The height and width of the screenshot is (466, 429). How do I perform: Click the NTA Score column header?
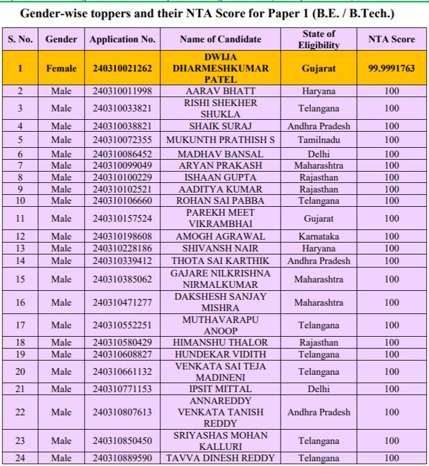pyautogui.click(x=391, y=39)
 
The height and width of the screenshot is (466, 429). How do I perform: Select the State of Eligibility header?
pyautogui.click(x=319, y=39)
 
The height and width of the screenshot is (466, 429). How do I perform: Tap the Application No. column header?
pyautogui.click(x=122, y=39)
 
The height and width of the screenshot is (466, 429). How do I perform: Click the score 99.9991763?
pyautogui.click(x=391, y=69)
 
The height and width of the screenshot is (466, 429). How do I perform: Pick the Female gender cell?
pyautogui.click(x=61, y=69)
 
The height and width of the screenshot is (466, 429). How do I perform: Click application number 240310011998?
pyautogui.click(x=122, y=91)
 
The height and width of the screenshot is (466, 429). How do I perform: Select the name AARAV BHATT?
pyautogui.click(x=220, y=91)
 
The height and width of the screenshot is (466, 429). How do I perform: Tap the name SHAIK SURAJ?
pyautogui.click(x=220, y=126)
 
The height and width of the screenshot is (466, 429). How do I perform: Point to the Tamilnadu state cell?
pyautogui.click(x=319, y=140)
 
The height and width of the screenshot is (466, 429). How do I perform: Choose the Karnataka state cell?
pyautogui.click(x=319, y=237)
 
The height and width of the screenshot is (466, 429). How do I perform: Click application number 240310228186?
pyautogui.click(x=122, y=248)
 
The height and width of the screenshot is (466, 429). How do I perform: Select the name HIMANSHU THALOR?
pyautogui.click(x=220, y=343)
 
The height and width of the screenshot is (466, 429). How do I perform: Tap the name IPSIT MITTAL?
pyautogui.click(x=220, y=389)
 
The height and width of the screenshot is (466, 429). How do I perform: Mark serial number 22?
pyautogui.click(x=20, y=412)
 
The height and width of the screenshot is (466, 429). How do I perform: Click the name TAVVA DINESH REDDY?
pyautogui.click(x=220, y=458)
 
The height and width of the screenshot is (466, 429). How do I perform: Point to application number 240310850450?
pyautogui.click(x=122, y=441)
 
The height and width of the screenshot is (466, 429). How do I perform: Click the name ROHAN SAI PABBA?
pyautogui.click(x=220, y=201)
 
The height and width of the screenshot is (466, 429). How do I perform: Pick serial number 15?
pyautogui.click(x=20, y=279)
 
